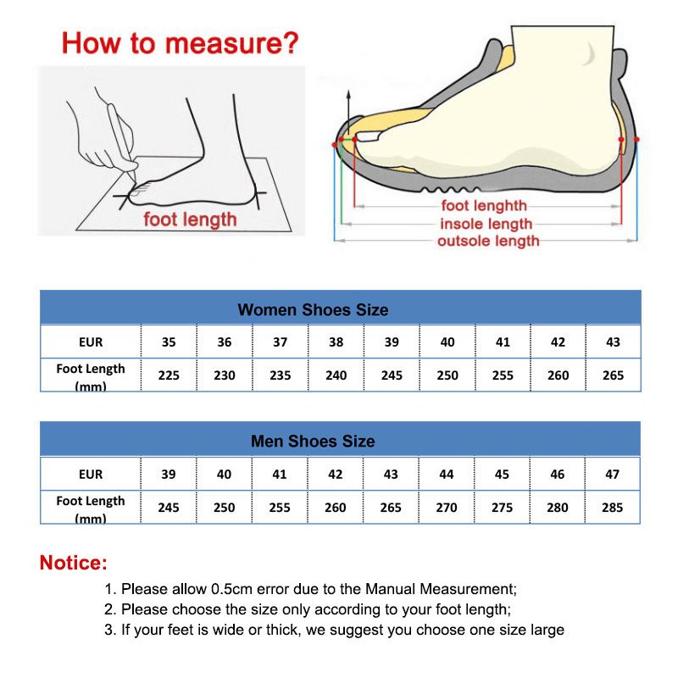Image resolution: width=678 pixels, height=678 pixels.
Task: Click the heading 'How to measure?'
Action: pos(181,42)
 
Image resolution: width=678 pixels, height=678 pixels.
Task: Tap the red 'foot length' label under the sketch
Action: pos(190,220)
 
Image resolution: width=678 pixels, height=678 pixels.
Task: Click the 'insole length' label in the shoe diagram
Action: pos(486,225)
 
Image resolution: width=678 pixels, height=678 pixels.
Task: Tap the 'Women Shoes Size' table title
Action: pos(313,310)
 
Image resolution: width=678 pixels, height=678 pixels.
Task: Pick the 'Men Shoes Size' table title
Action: pos(313,442)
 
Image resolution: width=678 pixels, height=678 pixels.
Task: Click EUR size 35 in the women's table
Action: pos(169,342)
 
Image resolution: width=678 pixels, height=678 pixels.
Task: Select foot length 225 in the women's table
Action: pos(169,375)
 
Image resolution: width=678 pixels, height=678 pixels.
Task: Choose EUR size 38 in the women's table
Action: pos(336,342)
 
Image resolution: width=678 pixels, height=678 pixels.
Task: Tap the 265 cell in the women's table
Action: pos(613,375)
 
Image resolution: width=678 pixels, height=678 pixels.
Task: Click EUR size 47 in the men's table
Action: pos(612,475)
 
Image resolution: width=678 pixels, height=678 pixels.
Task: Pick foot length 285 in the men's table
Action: pos(612,508)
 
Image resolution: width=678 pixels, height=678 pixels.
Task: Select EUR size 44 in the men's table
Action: pos(447,475)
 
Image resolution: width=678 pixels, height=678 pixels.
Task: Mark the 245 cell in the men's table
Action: pos(169,508)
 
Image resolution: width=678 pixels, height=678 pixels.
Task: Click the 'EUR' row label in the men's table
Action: pos(91,475)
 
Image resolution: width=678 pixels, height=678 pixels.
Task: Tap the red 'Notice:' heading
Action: pos(74,563)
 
